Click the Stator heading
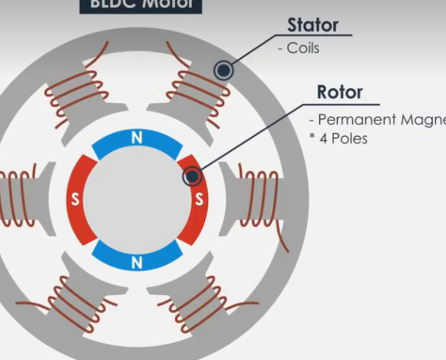point(312,25)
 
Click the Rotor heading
point(339,92)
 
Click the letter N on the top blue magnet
point(137,138)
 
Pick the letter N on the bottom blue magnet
point(137,263)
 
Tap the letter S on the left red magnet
point(75,200)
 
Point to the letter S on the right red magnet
point(199,200)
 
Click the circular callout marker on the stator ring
point(224,71)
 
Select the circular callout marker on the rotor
point(192,177)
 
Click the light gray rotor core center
point(137,200)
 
